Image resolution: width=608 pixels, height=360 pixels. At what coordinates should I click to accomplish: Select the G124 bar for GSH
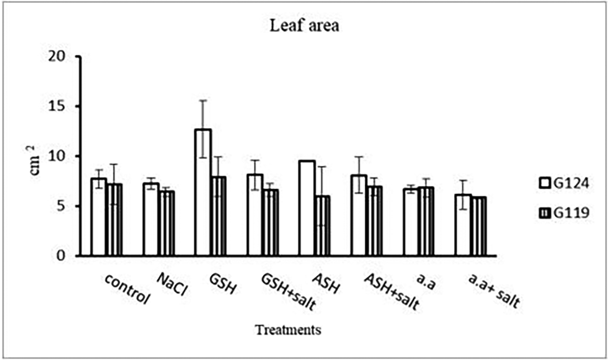point(203,192)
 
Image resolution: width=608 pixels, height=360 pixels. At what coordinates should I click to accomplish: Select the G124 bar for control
point(99,217)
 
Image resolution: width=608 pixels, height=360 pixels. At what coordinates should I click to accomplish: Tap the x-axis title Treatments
point(288,330)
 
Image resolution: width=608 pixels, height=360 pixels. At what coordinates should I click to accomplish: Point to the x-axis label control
point(127,288)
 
